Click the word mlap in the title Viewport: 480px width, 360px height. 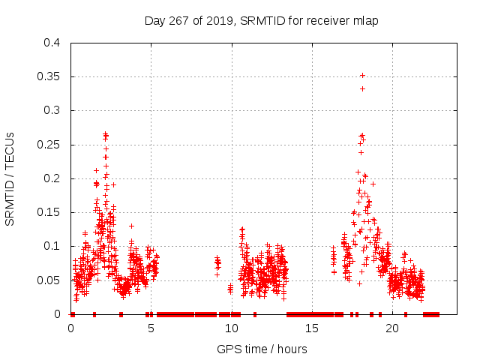coord(366,21)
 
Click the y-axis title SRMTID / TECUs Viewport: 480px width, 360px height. coord(10,178)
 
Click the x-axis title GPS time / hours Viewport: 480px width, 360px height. coord(262,349)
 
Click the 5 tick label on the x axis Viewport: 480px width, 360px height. coord(151,328)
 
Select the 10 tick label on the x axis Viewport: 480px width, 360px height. coord(232,328)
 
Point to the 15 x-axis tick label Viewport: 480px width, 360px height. coord(312,328)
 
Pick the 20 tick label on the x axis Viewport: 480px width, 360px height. coord(392,328)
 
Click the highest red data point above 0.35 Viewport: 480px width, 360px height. coord(362,75)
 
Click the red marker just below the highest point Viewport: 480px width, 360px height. coord(362,88)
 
